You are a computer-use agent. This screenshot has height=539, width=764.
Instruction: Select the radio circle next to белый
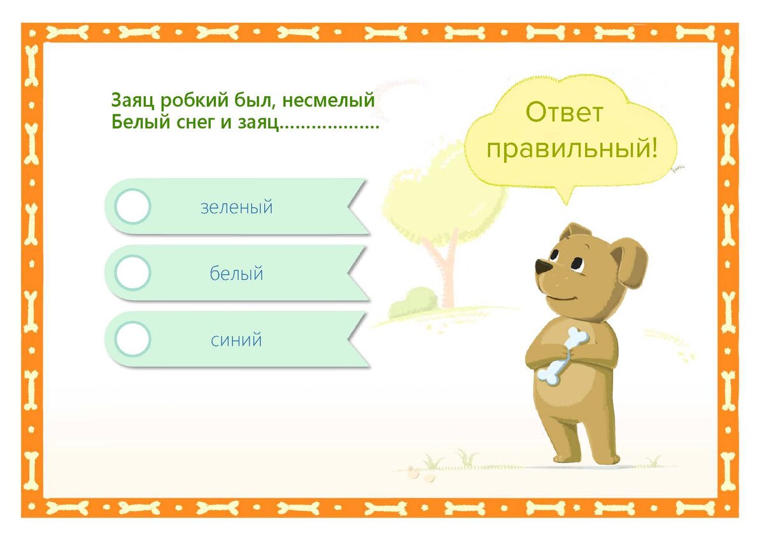coord(133,272)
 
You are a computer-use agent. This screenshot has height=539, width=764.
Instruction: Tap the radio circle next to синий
coord(133,339)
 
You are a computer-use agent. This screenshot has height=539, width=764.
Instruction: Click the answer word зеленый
coord(237,207)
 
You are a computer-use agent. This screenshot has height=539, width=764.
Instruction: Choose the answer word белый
coord(237,274)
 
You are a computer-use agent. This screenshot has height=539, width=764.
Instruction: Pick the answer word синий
coord(237,340)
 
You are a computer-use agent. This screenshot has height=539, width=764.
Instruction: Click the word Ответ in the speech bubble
coord(564,113)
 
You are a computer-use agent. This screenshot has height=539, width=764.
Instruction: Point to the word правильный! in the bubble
coord(571,150)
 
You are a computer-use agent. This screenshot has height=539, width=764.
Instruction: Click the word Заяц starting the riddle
coord(134,101)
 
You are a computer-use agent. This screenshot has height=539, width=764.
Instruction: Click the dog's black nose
coord(541,266)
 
